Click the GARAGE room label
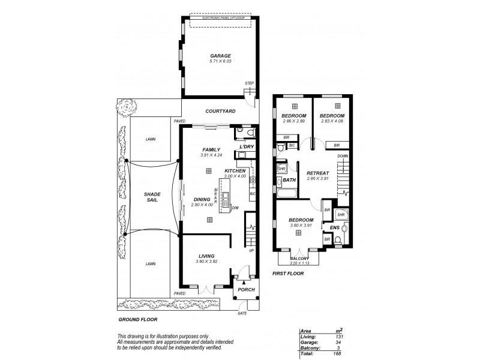[x=220, y=56]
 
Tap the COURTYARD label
[x=220, y=111]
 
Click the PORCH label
[x=247, y=290]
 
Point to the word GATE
[x=242, y=314]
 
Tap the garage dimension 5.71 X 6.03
[x=220, y=61]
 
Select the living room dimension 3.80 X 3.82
[x=205, y=261]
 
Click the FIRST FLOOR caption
[x=289, y=274]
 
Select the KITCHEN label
[x=235, y=171]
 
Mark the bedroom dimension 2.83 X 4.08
[x=331, y=121]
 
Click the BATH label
[x=289, y=180]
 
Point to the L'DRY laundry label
[x=247, y=147]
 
